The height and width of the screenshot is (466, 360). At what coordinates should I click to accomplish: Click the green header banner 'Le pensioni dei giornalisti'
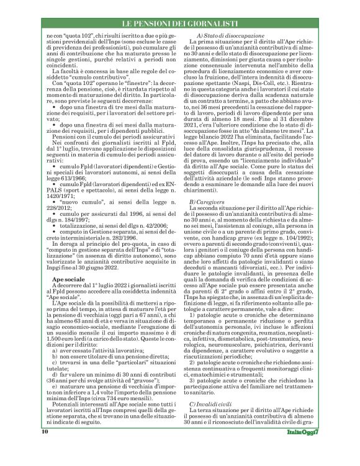(x=180, y=24)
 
